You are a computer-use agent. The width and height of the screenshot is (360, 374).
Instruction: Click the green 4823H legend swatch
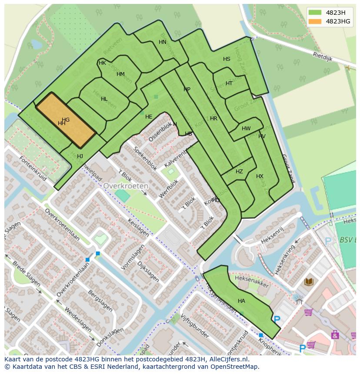[x=315, y=13]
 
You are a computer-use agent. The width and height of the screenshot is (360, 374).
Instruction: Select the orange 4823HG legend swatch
[x=315, y=21]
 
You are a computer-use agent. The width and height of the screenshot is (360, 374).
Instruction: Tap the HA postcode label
[x=241, y=301]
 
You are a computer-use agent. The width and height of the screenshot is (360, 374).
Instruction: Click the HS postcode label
[x=227, y=59]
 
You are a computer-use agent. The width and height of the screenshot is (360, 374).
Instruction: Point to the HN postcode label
[x=163, y=42]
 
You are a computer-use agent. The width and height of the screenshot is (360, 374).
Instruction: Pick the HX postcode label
[x=260, y=176]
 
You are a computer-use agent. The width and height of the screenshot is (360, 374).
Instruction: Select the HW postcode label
[x=246, y=129]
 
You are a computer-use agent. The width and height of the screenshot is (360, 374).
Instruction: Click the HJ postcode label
[x=80, y=156]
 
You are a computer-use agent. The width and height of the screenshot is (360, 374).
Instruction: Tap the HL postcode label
[x=104, y=99]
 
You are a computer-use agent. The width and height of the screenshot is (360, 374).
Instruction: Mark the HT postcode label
[x=229, y=83]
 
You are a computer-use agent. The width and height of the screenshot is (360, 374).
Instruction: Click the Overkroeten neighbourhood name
[x=126, y=185]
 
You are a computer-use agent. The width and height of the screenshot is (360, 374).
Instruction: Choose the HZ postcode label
[x=239, y=172]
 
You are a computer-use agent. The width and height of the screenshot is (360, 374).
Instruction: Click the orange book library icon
[x=309, y=282]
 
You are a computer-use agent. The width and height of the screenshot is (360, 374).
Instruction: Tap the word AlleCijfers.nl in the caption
[x=227, y=359]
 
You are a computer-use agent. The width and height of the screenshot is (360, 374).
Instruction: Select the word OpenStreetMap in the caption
[x=235, y=367]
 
